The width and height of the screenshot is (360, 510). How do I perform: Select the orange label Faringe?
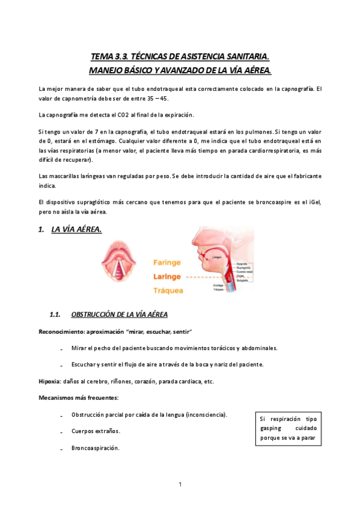[x=167, y=263]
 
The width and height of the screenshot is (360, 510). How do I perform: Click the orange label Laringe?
[x=167, y=277]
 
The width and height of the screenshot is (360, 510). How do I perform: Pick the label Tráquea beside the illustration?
[x=168, y=290]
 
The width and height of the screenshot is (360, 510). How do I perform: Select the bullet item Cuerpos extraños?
[x=96, y=431]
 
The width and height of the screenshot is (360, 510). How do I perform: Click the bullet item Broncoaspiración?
[x=95, y=448]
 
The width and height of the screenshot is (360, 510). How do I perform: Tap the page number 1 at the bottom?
[x=180, y=484]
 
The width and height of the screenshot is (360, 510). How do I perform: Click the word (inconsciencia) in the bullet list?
[x=207, y=415]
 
